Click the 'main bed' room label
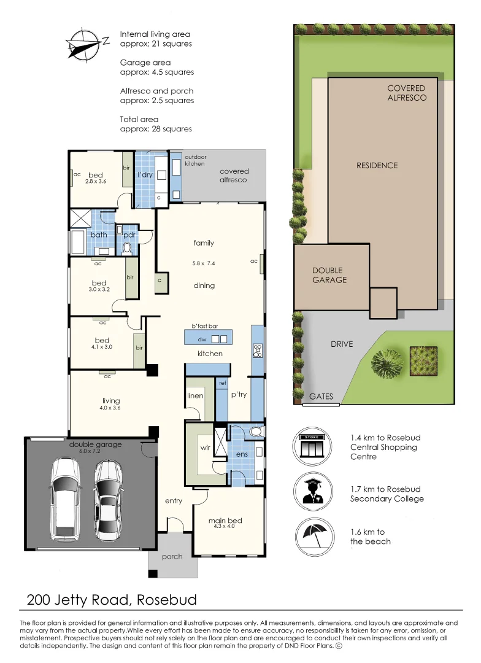click(x=225, y=521)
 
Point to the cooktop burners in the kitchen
click(x=258, y=351)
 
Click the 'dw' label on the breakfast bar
click(x=201, y=339)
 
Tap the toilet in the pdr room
click(x=128, y=247)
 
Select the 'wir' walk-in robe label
click(x=206, y=448)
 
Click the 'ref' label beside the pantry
click(x=222, y=383)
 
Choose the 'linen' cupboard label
click(x=195, y=396)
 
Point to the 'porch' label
click(x=172, y=557)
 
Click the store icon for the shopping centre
click(x=312, y=447)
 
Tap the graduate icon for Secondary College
click(x=312, y=489)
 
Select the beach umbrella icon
click(x=312, y=533)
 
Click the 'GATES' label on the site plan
click(x=321, y=397)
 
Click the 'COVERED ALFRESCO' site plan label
click(x=407, y=93)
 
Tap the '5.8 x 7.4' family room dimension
click(x=204, y=263)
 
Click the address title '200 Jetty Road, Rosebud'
click(x=112, y=599)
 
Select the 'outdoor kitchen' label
click(x=196, y=160)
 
